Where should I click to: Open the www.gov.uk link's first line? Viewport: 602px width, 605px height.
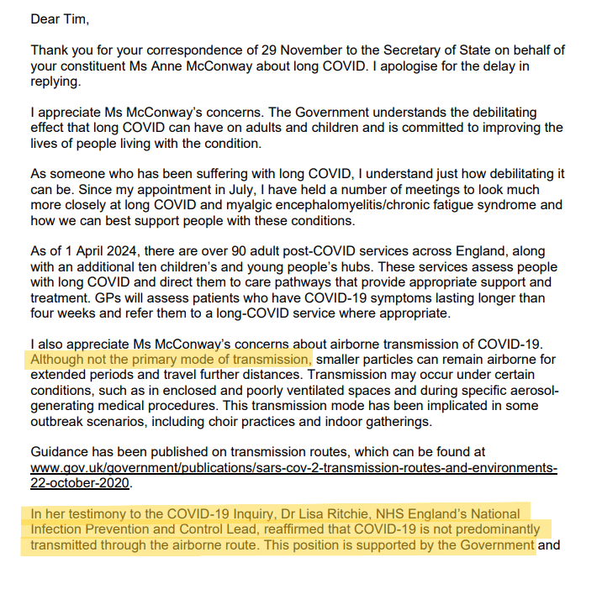[x=293, y=468]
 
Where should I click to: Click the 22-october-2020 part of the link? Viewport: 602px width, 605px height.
[x=82, y=483]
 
